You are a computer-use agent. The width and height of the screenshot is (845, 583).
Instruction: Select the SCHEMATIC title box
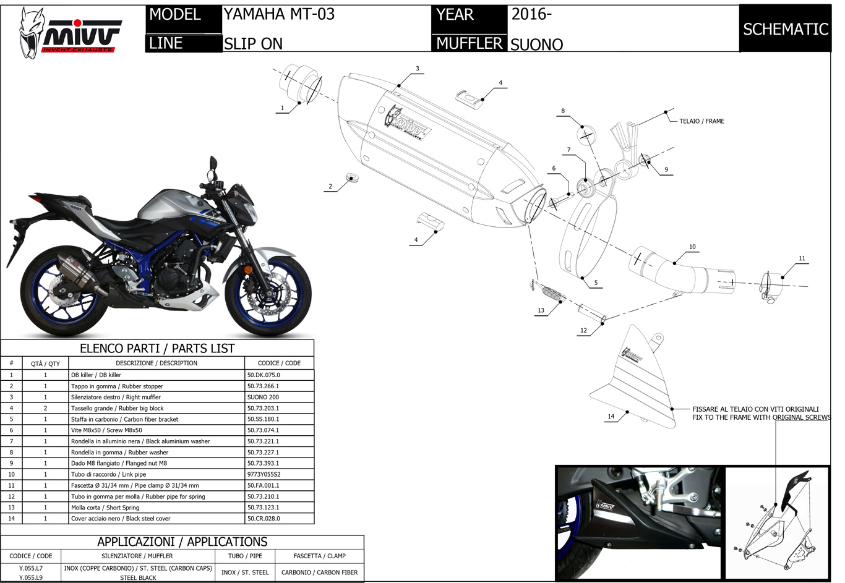pyautogui.click(x=785, y=29)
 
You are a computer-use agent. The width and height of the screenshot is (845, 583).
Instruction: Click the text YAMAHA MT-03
pyautogui.click(x=279, y=14)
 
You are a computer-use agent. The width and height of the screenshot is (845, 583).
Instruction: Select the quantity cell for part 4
pyautogui.click(x=45, y=408)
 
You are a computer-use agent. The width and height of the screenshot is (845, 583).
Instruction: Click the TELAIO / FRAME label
pyautogui.click(x=701, y=121)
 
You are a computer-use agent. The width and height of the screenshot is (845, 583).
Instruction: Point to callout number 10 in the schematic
pyautogui.click(x=692, y=247)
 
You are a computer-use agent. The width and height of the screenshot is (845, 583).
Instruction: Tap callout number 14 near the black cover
pyautogui.click(x=611, y=416)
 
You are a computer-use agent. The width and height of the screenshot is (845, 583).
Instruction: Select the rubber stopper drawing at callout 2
pyautogui.click(x=353, y=178)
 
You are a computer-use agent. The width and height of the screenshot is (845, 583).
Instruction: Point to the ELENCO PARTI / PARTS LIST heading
pyautogui.click(x=157, y=348)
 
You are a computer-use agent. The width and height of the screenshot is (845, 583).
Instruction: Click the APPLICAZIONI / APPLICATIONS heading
pyautogui.click(x=182, y=542)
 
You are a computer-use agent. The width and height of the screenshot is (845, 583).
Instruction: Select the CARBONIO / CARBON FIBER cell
pyautogui.click(x=319, y=572)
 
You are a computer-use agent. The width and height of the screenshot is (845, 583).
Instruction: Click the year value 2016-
pyautogui.click(x=531, y=14)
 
